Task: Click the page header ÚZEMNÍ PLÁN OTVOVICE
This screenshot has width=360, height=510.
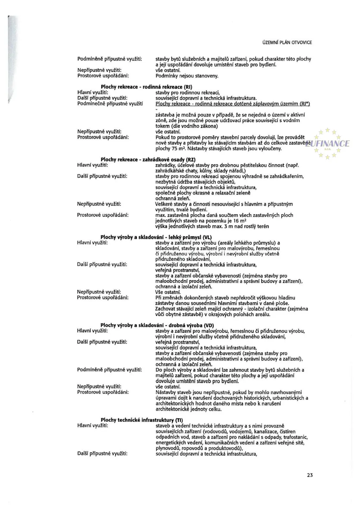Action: (287, 43)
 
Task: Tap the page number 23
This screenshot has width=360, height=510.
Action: (310, 475)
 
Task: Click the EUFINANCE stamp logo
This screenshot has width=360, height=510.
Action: (328, 144)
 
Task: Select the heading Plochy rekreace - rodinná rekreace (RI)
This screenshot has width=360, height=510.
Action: (146, 87)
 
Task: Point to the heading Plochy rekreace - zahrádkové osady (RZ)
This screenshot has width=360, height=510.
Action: (148, 160)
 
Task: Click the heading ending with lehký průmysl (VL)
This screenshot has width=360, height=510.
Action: (156, 237)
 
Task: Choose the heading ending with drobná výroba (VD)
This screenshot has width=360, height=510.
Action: (157, 325)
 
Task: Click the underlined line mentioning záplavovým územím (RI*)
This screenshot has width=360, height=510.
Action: (233, 104)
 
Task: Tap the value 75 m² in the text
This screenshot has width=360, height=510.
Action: (176, 149)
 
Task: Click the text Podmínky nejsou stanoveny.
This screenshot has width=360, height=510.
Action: (187, 76)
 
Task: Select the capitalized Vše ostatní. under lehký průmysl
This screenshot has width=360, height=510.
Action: (168, 292)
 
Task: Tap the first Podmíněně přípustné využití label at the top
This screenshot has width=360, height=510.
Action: (110, 59)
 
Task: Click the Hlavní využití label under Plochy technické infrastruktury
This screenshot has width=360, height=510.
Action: (92, 426)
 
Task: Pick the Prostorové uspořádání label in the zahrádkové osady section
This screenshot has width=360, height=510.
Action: (103, 215)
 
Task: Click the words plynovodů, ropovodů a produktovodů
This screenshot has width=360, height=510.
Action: (199, 448)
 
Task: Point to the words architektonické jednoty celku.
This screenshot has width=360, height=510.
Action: (188, 409)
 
